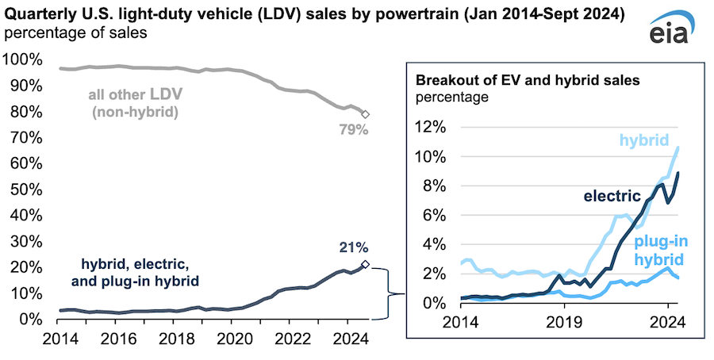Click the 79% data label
click(x=354, y=130)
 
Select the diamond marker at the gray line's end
click(x=365, y=114)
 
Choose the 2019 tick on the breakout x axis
click(x=562, y=323)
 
